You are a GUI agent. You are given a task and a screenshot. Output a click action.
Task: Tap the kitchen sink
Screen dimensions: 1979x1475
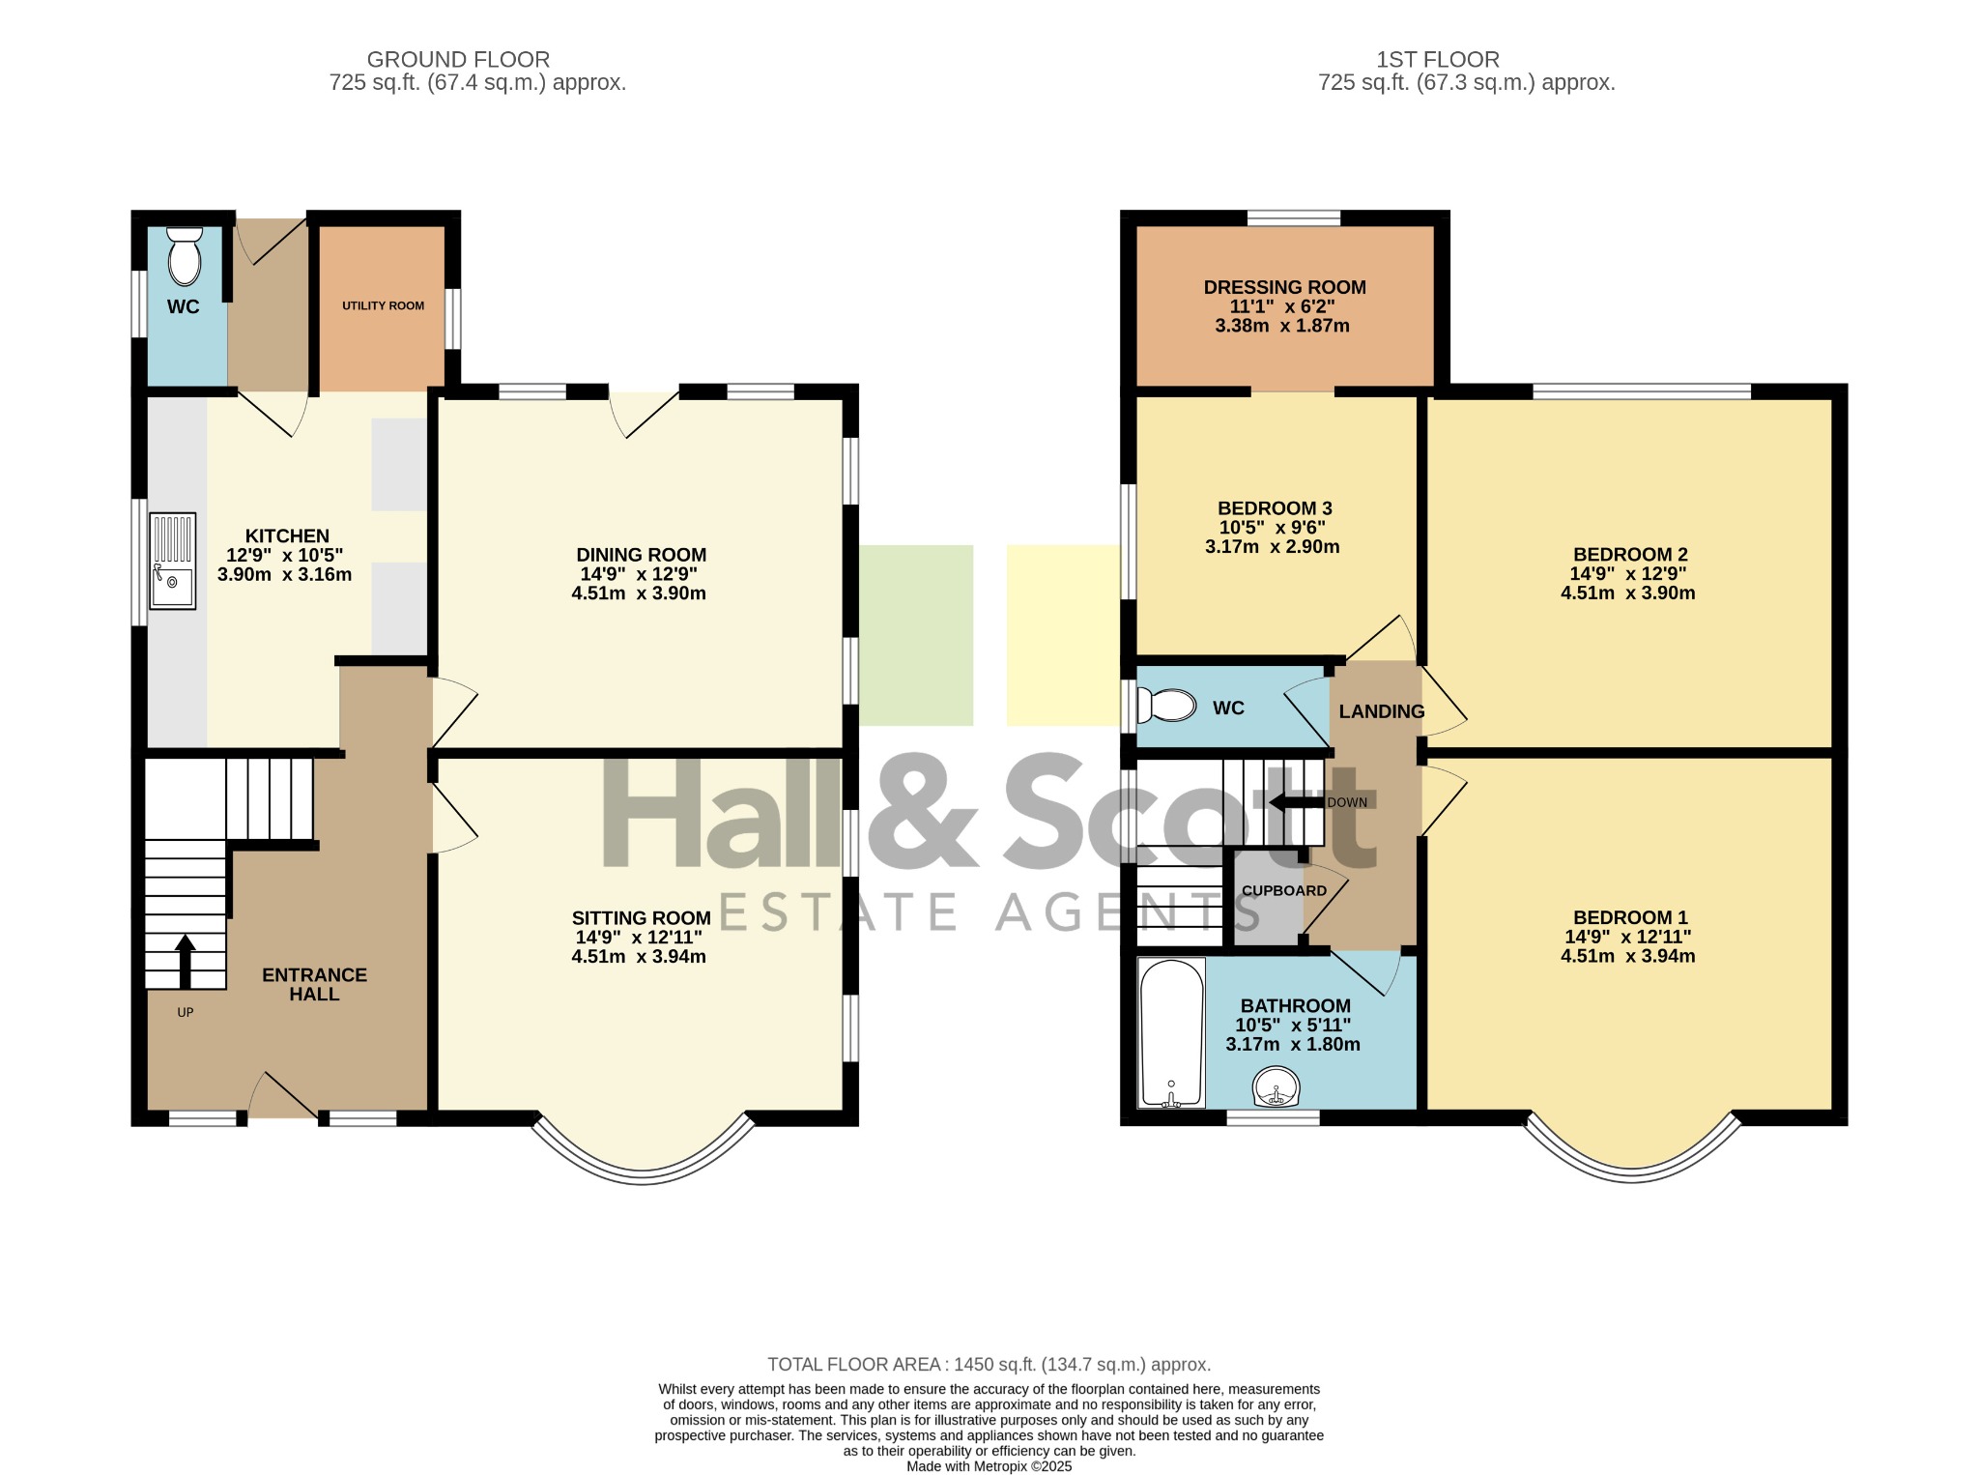coord(172,561)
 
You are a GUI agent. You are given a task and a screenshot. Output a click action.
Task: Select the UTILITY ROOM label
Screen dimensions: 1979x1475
coord(383,305)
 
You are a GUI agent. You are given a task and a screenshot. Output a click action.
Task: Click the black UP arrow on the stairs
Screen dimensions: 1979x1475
coord(185,961)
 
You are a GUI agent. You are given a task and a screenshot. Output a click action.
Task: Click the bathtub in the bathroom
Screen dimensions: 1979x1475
coord(1171,1032)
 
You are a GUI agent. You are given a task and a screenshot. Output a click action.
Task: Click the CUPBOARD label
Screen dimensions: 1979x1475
coord(1284,890)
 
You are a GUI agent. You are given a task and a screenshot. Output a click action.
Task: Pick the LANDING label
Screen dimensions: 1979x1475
coord(1382,711)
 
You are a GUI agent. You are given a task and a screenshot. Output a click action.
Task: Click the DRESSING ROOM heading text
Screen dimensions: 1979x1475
coord(1284,287)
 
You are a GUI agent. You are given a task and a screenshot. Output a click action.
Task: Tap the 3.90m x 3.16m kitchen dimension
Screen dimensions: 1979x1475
coord(284,574)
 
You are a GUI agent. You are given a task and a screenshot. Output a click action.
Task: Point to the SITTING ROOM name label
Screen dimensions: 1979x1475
coord(641,918)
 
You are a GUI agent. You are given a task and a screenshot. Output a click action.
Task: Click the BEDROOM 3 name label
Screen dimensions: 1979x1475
coord(1275,508)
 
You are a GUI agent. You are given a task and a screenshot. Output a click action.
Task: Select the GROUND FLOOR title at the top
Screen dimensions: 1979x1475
coord(458,60)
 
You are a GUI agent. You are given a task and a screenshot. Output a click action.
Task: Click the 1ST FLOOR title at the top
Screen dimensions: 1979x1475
coord(1438,60)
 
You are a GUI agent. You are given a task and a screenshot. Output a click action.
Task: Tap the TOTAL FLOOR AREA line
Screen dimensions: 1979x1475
coord(989,1365)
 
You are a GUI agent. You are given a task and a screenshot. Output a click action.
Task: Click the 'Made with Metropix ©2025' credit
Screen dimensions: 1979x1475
coord(989,1466)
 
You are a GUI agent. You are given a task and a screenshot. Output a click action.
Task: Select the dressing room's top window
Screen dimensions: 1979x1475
coord(1293,218)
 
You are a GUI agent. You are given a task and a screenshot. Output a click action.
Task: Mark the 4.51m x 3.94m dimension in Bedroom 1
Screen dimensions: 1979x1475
coord(1627,957)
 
